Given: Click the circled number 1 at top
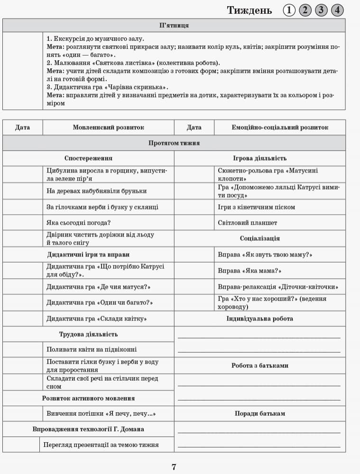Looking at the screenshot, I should pos(289,10).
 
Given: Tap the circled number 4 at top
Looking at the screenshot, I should pos(337,10).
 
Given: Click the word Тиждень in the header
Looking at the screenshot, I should pos(249,10).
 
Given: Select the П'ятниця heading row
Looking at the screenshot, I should pos(174,26).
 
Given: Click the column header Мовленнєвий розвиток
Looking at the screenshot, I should pos(108,128).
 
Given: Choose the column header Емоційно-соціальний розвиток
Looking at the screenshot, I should pos(280,128).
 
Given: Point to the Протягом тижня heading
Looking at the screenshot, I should pos(174,143).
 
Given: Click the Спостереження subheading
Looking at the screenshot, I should pos(88,158).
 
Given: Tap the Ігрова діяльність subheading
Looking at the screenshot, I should pos(259,158).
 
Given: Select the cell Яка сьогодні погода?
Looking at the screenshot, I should pos(82,222).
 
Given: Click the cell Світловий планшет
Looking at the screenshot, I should pos(248,222).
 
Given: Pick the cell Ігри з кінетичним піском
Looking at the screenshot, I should pos(256,207).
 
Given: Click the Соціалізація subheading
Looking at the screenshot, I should pos(259,238).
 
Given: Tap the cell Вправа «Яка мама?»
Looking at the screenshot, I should pos(249,271).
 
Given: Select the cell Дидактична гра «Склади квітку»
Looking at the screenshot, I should pos(96,319).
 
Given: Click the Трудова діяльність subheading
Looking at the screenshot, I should pos(88,334).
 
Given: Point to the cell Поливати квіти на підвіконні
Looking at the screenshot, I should pos(92,349).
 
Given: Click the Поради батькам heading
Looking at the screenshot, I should pos(259,413).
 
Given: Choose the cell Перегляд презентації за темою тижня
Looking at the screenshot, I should pos(101,445).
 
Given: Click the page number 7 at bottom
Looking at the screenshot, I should pos(174,467).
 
